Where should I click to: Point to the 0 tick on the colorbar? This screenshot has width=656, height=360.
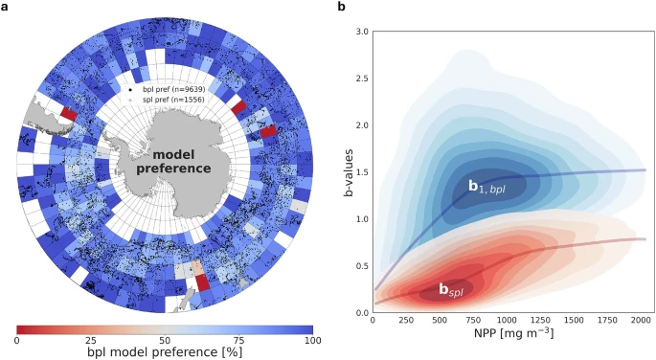coord(17,341)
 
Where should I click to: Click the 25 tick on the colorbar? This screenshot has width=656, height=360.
coord(91,341)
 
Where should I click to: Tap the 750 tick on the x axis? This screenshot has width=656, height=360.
coord(465,323)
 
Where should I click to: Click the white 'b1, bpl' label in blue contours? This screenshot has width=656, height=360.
coord(486,188)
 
